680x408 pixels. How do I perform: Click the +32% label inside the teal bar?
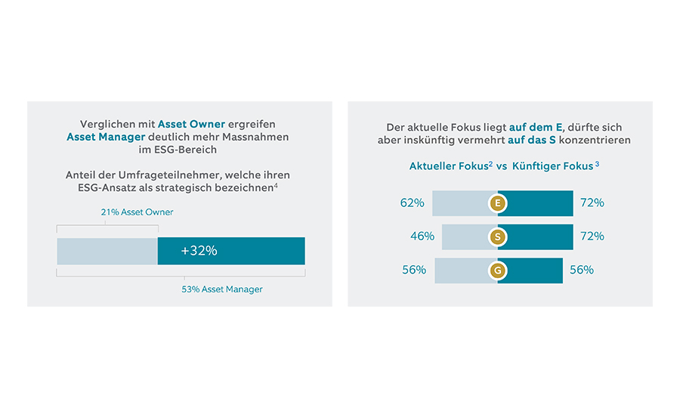[199, 251]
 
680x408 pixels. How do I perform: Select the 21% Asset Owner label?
[137, 212]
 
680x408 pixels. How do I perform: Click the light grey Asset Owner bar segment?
[107, 251]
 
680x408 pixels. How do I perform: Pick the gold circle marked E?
[497, 203]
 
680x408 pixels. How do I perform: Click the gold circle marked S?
[497, 236]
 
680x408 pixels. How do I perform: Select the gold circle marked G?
[497, 270]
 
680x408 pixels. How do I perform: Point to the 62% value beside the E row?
[412, 203]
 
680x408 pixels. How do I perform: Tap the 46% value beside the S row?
[422, 236]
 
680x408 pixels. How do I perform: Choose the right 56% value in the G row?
[581, 270]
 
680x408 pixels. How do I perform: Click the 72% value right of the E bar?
[592, 203]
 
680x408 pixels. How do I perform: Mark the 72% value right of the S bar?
[592, 236]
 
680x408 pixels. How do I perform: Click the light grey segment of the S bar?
[465, 236]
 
